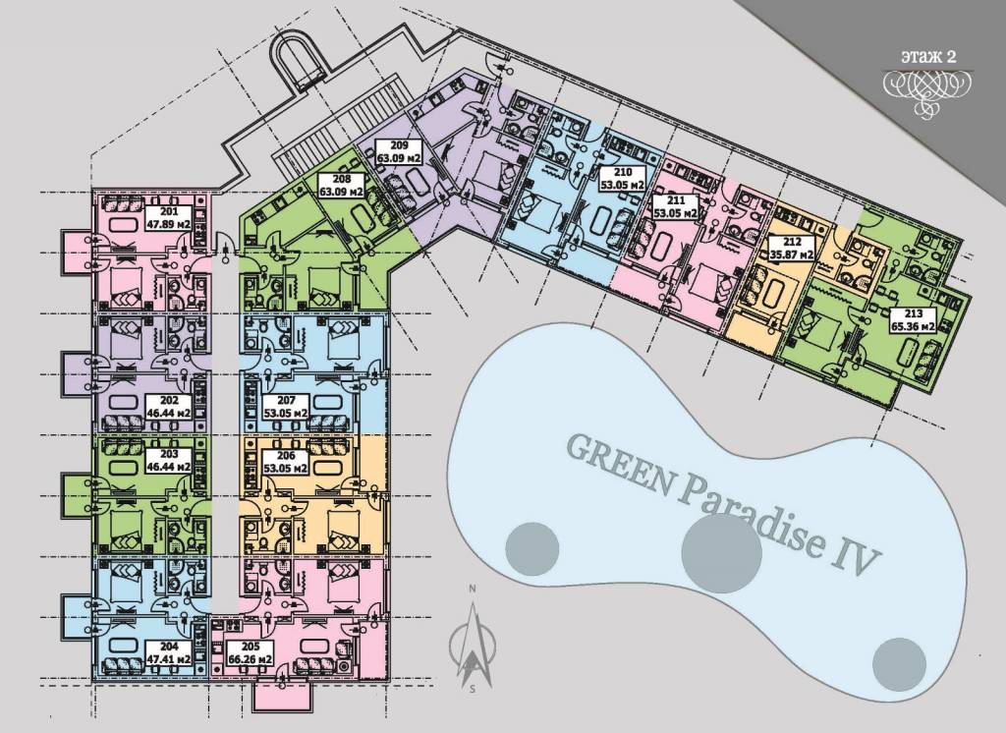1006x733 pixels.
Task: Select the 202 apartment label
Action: [x=169, y=408]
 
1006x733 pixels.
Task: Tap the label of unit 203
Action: [x=169, y=461]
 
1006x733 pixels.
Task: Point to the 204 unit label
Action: [x=168, y=652]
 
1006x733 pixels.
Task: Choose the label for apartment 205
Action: [x=251, y=652]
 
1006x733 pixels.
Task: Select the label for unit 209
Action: [x=399, y=151]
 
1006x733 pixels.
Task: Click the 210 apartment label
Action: [x=622, y=179]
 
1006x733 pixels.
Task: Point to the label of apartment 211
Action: [x=675, y=206]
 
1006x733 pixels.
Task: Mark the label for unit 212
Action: [x=792, y=248]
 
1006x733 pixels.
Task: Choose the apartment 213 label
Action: [x=913, y=319]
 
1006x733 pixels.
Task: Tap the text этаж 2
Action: [x=927, y=56]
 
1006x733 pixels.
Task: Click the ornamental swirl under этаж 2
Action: [x=927, y=90]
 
